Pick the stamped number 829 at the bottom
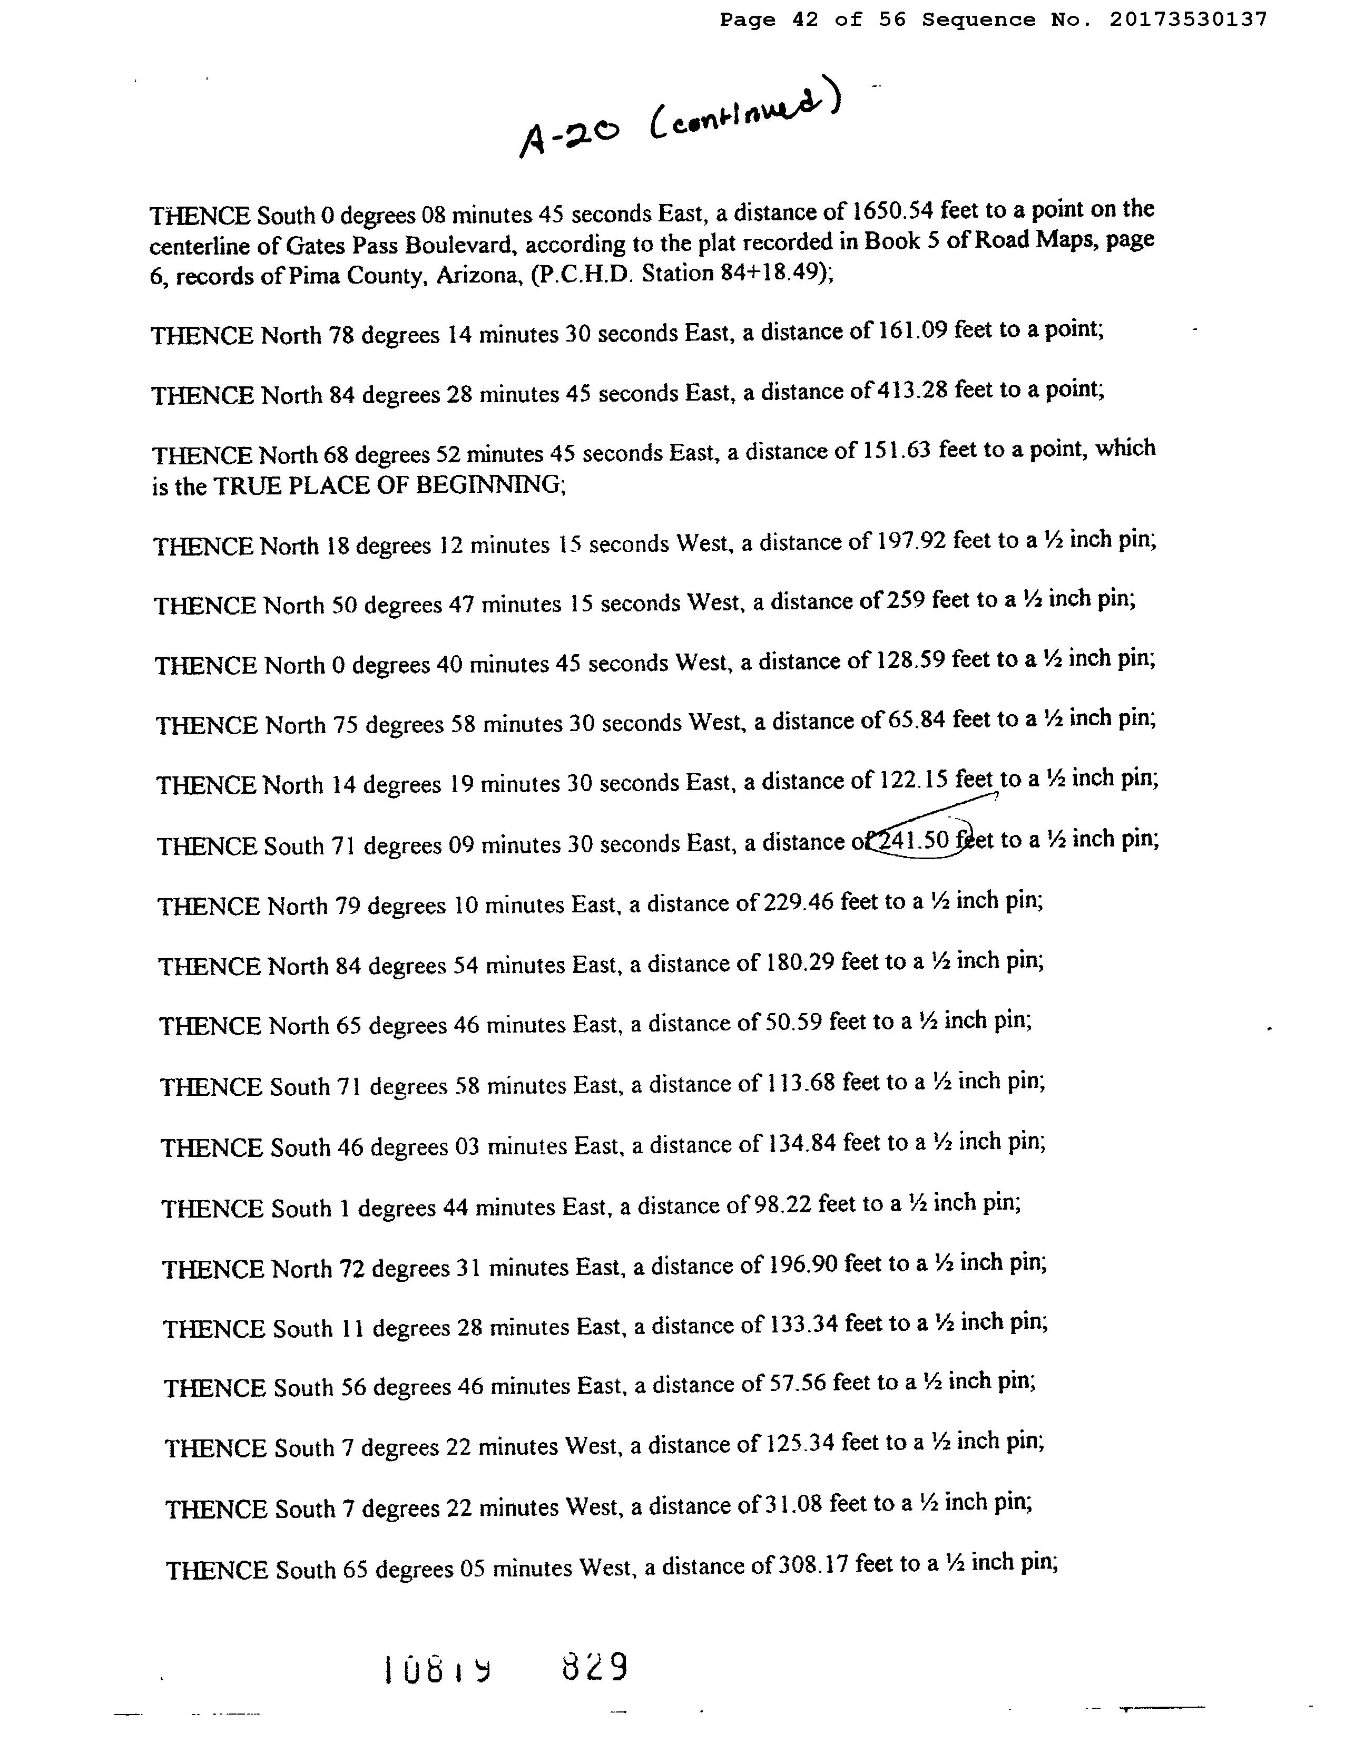[595, 1668]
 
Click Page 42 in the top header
[769, 19]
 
